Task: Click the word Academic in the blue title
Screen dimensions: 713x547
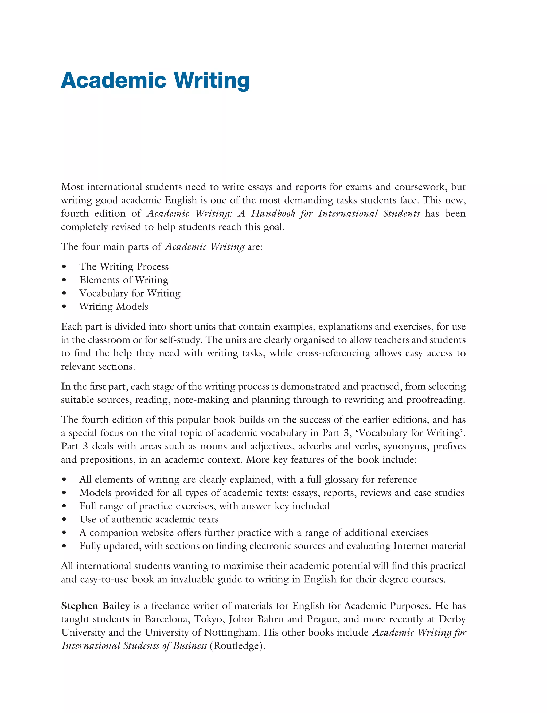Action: click(x=113, y=80)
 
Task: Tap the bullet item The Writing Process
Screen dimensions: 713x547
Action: click(x=124, y=266)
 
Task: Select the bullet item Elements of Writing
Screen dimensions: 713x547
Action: click(x=124, y=280)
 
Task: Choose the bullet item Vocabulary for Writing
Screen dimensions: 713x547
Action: click(x=130, y=293)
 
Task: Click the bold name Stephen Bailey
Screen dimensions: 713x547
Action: click(x=95, y=606)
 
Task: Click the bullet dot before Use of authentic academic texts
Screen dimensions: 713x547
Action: click(x=64, y=520)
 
